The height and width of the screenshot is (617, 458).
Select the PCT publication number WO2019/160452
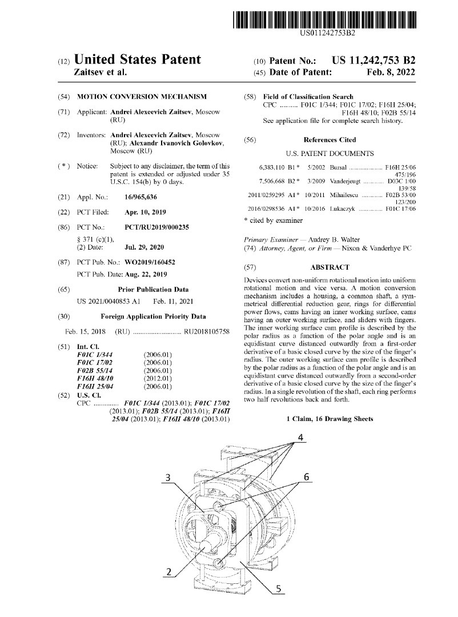click(150, 262)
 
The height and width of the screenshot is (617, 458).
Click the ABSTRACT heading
click(330, 267)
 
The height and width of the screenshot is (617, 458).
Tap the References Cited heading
click(330, 140)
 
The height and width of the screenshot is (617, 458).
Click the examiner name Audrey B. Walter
click(343, 239)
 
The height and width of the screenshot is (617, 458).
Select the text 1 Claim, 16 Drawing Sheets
click(330, 419)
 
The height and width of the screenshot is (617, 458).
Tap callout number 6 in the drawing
click(306, 476)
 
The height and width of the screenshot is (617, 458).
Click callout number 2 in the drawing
click(169, 571)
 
